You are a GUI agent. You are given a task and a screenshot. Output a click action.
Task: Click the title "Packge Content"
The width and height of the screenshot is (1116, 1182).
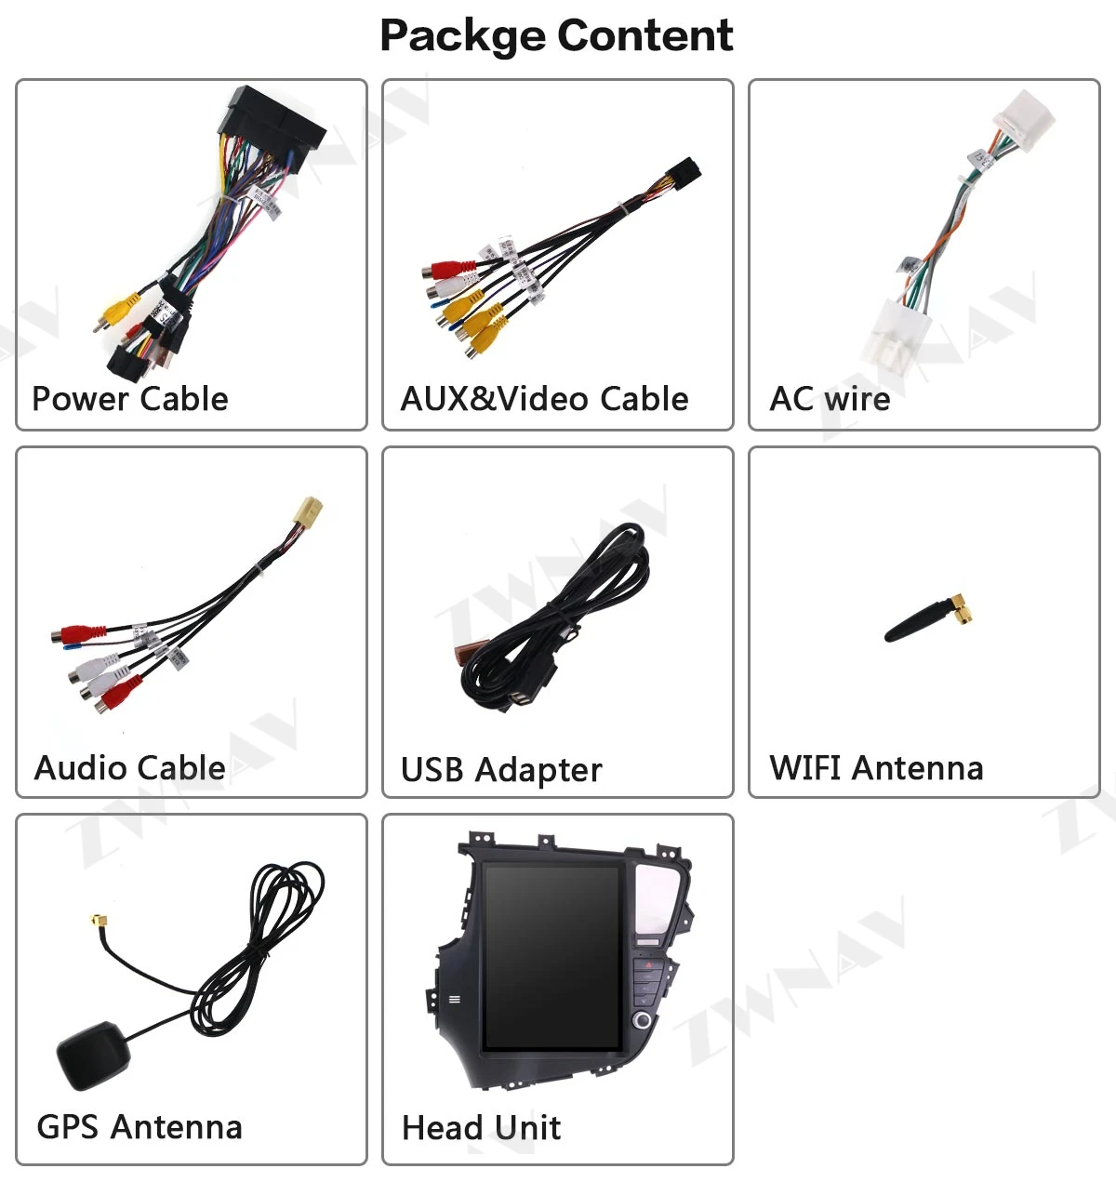pyautogui.click(x=556, y=36)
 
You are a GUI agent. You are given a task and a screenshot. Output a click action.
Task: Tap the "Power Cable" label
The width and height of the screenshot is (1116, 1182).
pyautogui.click(x=130, y=399)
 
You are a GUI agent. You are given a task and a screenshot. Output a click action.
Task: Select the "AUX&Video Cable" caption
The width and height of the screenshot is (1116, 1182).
pyautogui.click(x=544, y=399)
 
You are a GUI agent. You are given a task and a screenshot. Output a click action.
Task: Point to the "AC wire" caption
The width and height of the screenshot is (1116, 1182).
pyautogui.click(x=830, y=399)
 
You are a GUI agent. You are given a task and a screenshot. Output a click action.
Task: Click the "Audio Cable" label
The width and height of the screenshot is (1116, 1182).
pyautogui.click(x=130, y=768)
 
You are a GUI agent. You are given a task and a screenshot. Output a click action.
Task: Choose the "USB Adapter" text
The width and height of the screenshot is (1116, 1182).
pyautogui.click(x=501, y=770)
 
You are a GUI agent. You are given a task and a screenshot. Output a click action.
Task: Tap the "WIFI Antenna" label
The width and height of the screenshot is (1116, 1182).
pyautogui.click(x=876, y=768)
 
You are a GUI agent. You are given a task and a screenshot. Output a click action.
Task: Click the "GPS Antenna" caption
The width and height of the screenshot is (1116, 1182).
pyautogui.click(x=139, y=1127)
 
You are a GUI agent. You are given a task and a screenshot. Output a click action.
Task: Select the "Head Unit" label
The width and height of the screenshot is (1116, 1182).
pyautogui.click(x=481, y=1128)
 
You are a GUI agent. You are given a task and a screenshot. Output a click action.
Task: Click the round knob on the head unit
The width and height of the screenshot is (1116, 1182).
pyautogui.click(x=643, y=1020)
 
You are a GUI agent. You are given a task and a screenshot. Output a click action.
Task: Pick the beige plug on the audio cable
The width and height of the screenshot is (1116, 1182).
pyautogui.click(x=307, y=513)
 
